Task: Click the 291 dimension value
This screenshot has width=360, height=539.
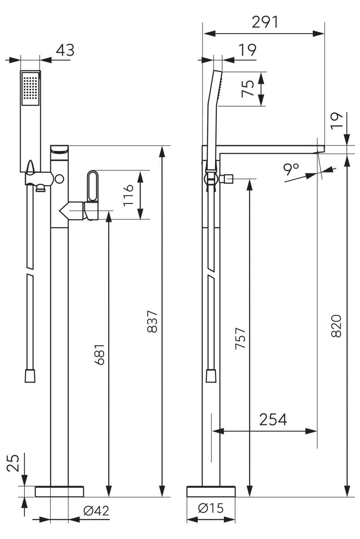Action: pos(265,22)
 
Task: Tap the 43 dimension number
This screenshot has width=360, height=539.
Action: pos(66,50)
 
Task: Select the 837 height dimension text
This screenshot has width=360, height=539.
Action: pos(152,322)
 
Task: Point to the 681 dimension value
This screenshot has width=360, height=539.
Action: pos(99,355)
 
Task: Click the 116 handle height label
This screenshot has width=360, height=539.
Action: pos(128,195)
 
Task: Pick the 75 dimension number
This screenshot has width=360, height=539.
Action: pos(248,88)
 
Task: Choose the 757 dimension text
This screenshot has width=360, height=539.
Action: pos(240,338)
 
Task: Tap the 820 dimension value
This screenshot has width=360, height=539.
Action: pos(336,326)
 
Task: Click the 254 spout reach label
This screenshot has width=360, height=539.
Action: pos(273,420)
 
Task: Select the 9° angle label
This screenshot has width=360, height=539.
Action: pos(291,169)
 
